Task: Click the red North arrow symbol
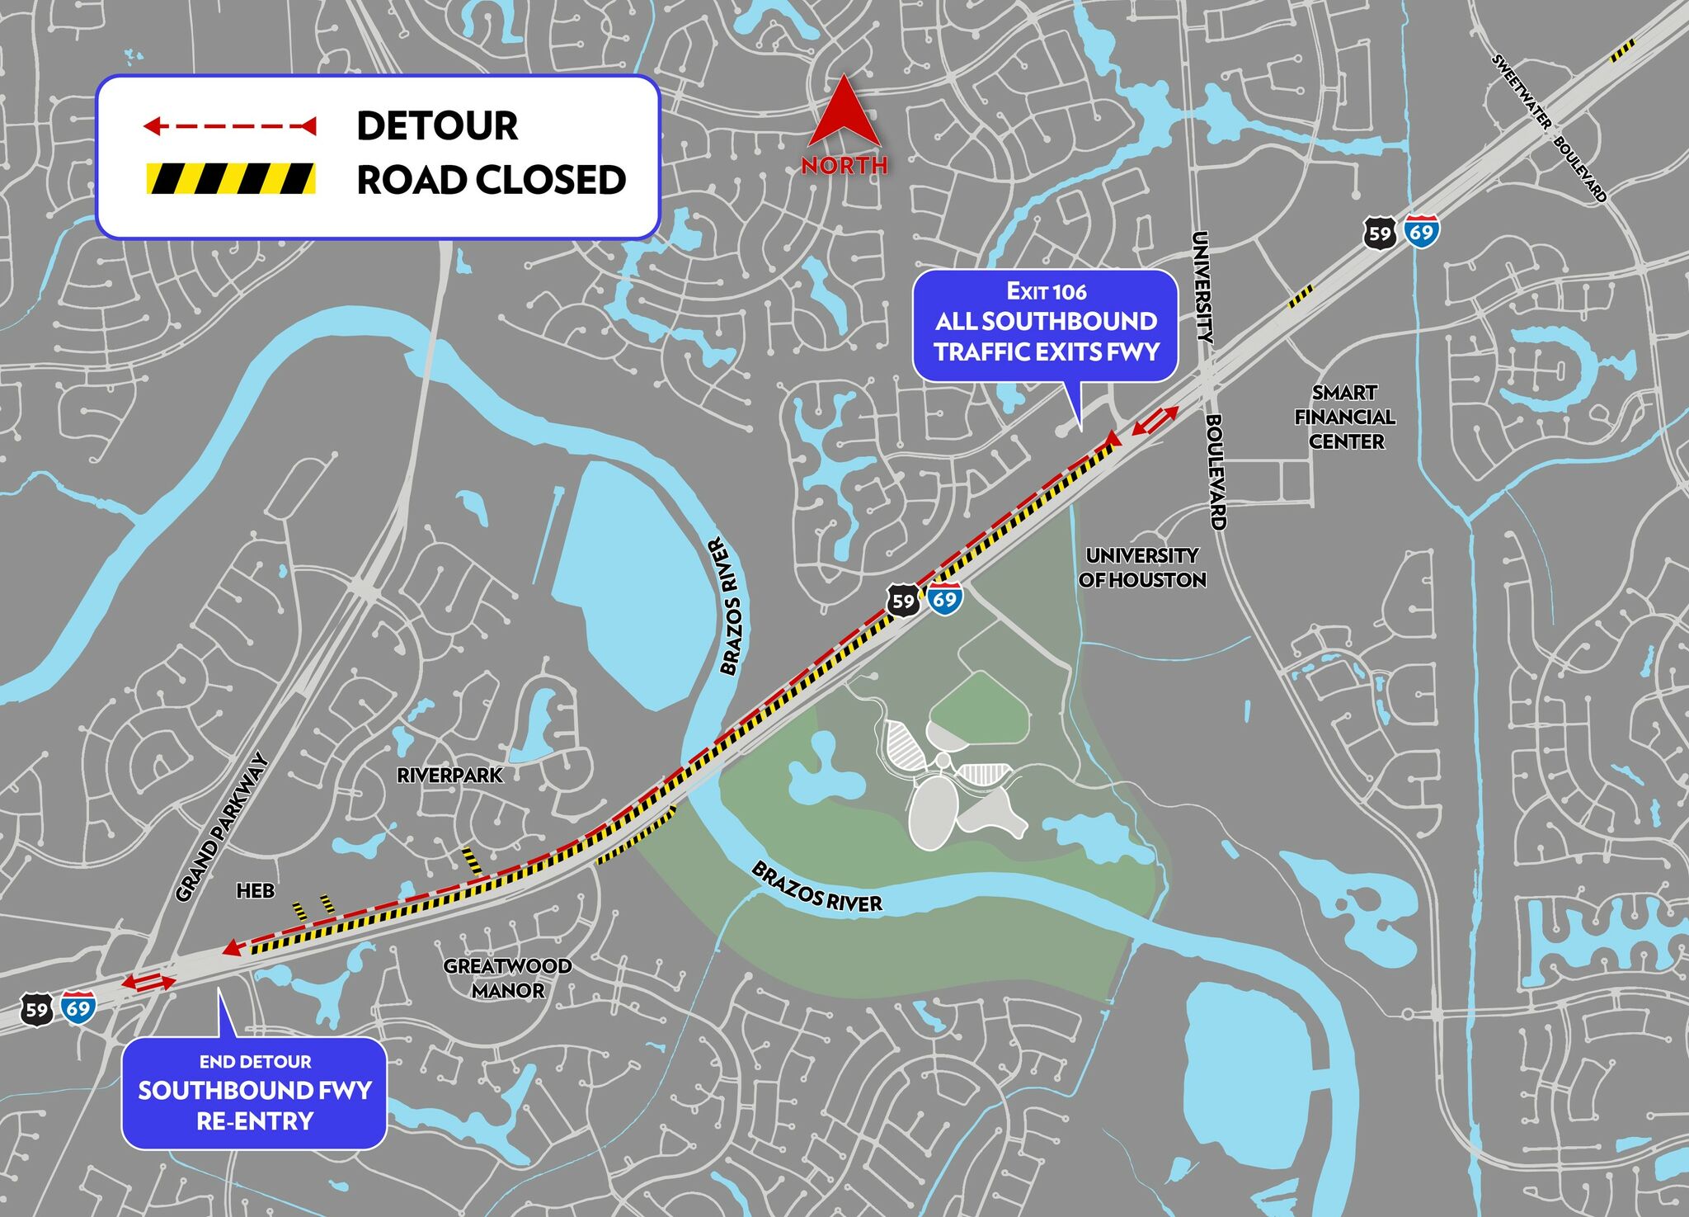[x=844, y=116]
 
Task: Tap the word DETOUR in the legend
[x=437, y=126]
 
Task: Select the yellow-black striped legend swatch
[x=231, y=178]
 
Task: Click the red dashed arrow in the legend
[x=229, y=126]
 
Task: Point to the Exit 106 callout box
[x=1046, y=325]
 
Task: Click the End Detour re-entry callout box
[x=254, y=1092]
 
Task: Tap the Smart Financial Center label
[x=1345, y=417]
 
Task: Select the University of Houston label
[x=1142, y=568]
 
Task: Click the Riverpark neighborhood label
[x=449, y=776]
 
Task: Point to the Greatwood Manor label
[x=507, y=978]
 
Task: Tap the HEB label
[x=256, y=891]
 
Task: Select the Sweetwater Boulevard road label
[x=1550, y=128]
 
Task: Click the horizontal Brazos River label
[x=816, y=887]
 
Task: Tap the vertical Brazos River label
[x=727, y=606]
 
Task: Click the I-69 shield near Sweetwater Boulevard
[x=1421, y=232]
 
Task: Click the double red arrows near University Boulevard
[x=1155, y=421]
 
